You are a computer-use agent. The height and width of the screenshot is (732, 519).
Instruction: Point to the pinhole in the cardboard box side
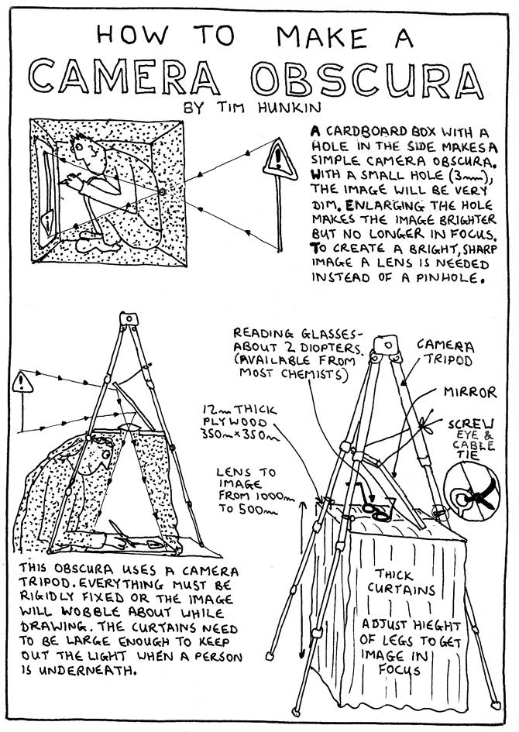pyautogui.click(x=162, y=191)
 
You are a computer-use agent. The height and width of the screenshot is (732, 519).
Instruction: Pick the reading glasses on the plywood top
pyautogui.click(x=374, y=507)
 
